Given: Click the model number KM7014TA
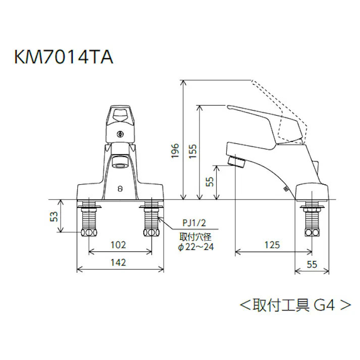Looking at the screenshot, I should click(x=63, y=57).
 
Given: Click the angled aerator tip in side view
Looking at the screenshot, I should click(x=235, y=162).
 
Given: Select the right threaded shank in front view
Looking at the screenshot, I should click(x=151, y=220).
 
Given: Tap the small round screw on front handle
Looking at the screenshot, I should click(x=120, y=134).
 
